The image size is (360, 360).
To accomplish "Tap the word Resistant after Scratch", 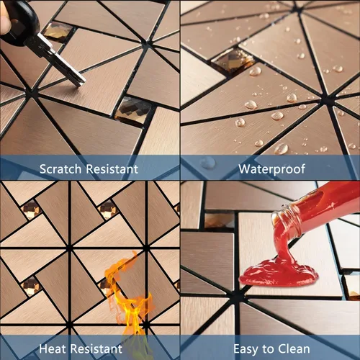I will [112, 169].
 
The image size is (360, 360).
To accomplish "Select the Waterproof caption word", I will [271, 169].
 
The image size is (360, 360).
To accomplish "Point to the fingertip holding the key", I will [4, 22].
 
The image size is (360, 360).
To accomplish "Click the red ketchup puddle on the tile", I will [278, 274].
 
